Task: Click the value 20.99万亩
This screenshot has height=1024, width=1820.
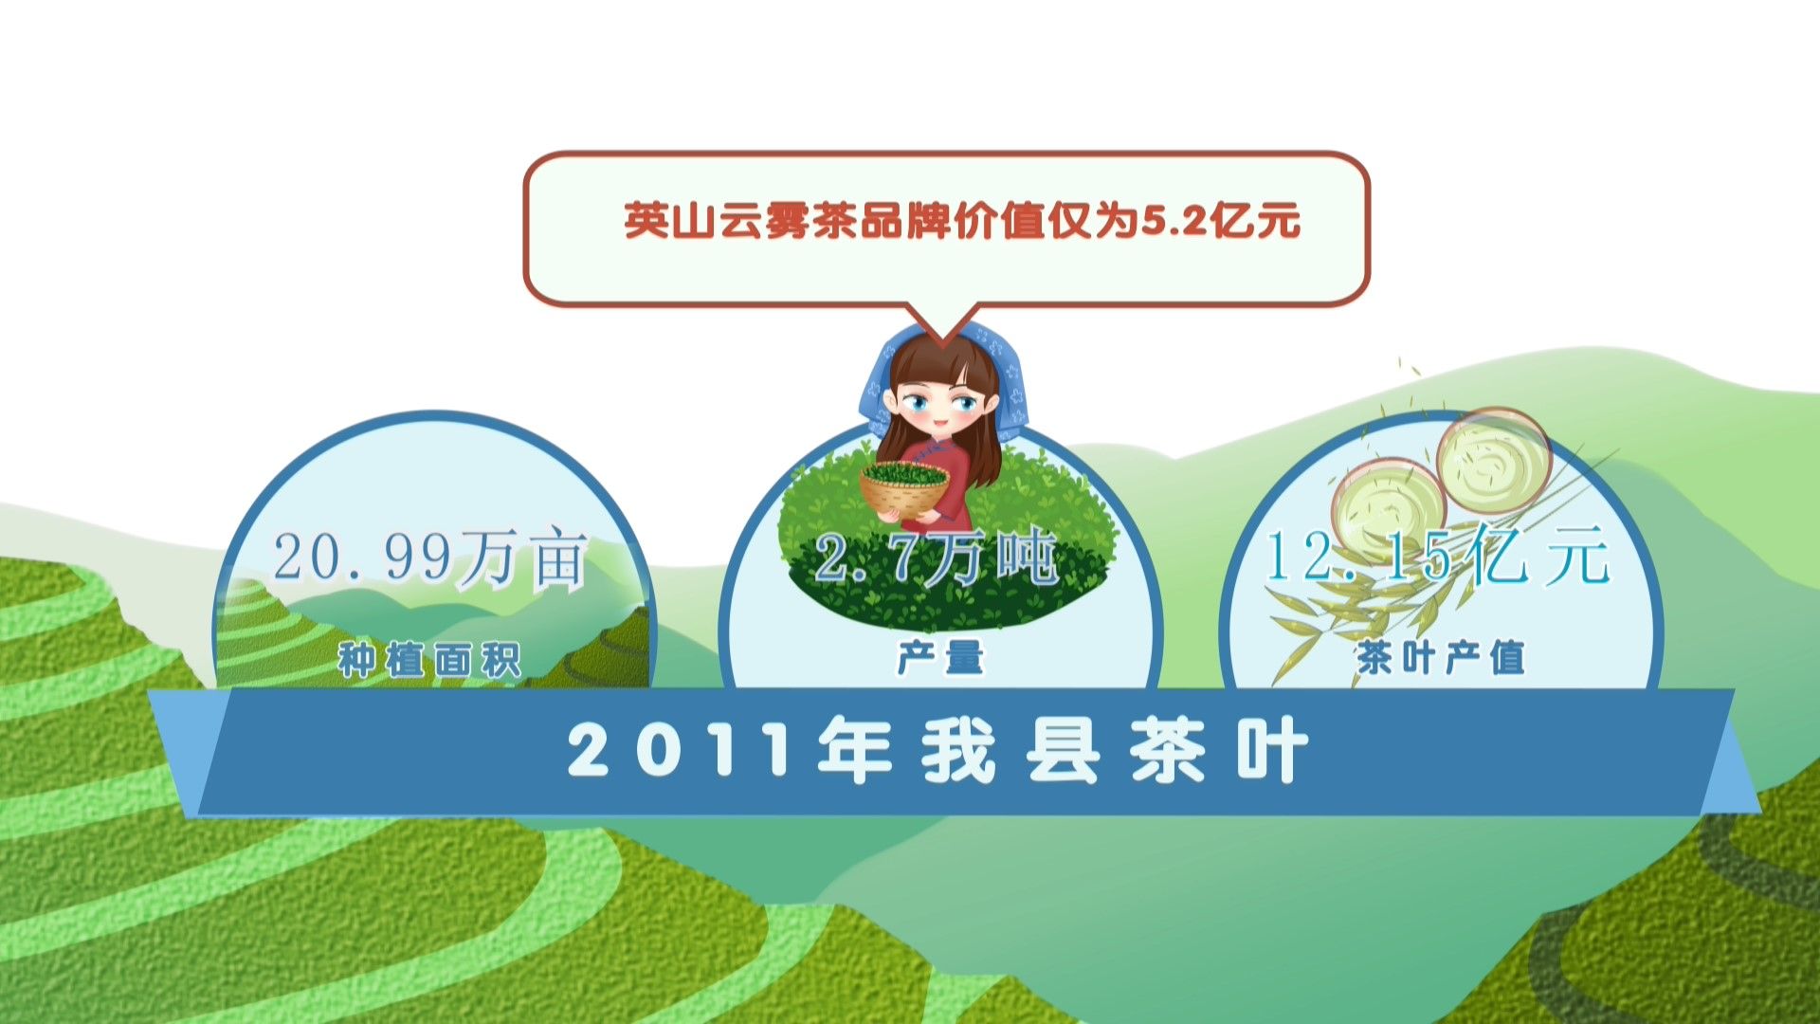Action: click(431, 559)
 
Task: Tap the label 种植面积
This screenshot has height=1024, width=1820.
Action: click(430, 660)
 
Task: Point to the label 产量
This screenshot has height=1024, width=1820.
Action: click(940, 657)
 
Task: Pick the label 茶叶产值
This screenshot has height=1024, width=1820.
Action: click(1441, 657)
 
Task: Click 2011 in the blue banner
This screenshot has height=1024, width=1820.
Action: click(679, 751)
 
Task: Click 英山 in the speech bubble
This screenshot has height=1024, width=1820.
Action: click(671, 221)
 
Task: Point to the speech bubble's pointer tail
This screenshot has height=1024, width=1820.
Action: click(940, 322)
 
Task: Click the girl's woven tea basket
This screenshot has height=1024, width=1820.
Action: click(904, 486)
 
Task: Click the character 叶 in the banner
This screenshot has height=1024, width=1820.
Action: click(1272, 751)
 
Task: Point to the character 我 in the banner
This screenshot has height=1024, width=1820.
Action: click(959, 751)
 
